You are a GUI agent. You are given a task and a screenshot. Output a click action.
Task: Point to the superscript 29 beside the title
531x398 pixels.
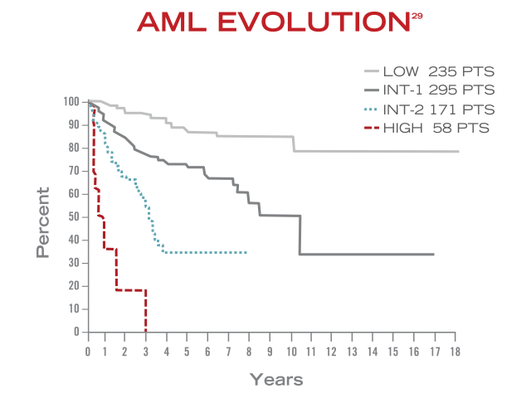[x=417, y=16]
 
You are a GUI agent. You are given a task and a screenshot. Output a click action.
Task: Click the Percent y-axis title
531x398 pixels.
[x=44, y=221]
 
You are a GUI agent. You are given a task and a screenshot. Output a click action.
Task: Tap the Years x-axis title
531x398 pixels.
[x=276, y=380]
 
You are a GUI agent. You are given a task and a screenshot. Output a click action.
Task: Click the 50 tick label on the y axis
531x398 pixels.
[x=76, y=217]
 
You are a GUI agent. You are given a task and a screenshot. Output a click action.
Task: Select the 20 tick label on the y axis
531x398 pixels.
[x=76, y=286]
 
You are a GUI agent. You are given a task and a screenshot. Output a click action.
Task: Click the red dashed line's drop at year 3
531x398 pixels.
[x=146, y=311]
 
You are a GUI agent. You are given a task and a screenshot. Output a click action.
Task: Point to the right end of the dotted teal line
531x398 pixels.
[x=246, y=252]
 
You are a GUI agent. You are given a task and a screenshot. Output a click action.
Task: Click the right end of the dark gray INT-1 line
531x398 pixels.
[x=433, y=255]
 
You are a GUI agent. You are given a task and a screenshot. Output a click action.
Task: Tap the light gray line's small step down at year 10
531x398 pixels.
[x=294, y=143]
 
